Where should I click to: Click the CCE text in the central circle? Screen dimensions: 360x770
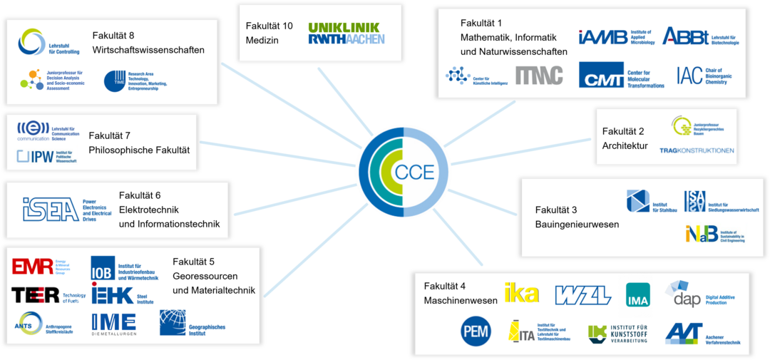(414, 172)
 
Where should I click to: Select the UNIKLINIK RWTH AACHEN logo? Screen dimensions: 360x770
(346, 34)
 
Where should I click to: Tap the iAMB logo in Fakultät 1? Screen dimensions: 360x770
(603, 36)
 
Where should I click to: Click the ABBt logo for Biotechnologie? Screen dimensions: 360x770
(686, 36)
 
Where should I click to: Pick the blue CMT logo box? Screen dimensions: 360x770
(601, 75)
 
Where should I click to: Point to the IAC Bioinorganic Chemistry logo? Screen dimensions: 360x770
(689, 75)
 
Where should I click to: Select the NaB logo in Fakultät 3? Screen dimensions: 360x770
(702, 233)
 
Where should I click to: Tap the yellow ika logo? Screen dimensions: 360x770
(521, 292)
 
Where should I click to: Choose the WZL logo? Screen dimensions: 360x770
(582, 294)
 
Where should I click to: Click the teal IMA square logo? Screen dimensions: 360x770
(637, 294)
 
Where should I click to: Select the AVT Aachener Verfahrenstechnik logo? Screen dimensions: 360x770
(684, 332)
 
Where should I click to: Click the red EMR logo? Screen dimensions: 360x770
(32, 267)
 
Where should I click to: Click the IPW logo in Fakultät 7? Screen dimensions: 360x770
(36, 156)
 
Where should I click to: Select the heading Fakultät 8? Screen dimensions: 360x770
(113, 36)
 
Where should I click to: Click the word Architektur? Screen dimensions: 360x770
(625, 146)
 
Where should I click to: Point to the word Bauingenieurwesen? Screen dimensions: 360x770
(577, 225)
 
